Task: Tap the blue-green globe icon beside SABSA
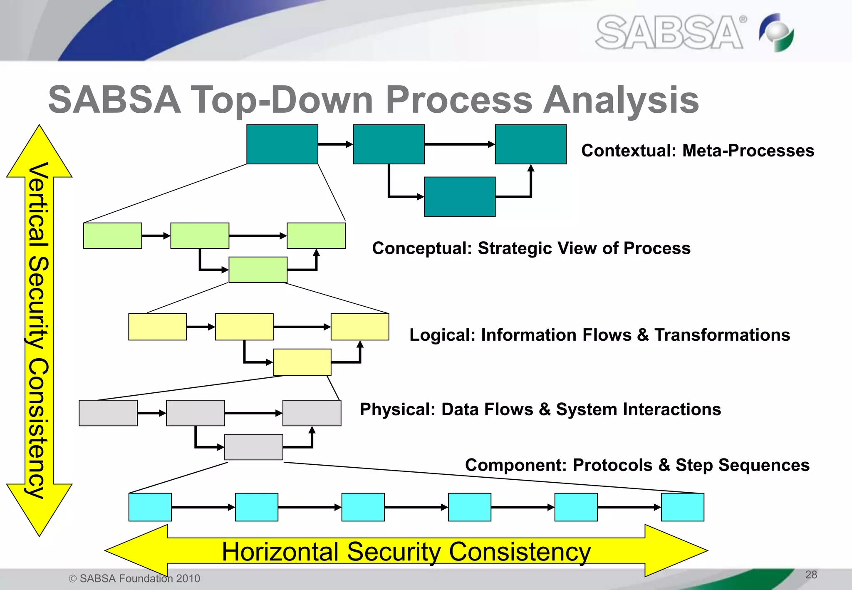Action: [777, 32]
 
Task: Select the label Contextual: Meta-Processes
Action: [698, 151]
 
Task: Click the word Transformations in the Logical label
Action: [722, 335]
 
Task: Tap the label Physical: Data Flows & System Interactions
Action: [540, 409]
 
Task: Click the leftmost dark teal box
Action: [282, 144]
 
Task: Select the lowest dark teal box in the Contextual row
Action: [460, 196]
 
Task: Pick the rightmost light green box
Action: [316, 236]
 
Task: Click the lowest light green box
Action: [258, 270]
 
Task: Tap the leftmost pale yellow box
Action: [157, 327]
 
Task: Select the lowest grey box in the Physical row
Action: [254, 447]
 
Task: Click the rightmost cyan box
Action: [683, 507]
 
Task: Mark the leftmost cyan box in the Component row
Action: [150, 507]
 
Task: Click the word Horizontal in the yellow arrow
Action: [280, 552]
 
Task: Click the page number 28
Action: [811, 575]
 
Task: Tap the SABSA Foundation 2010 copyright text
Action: [135, 578]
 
